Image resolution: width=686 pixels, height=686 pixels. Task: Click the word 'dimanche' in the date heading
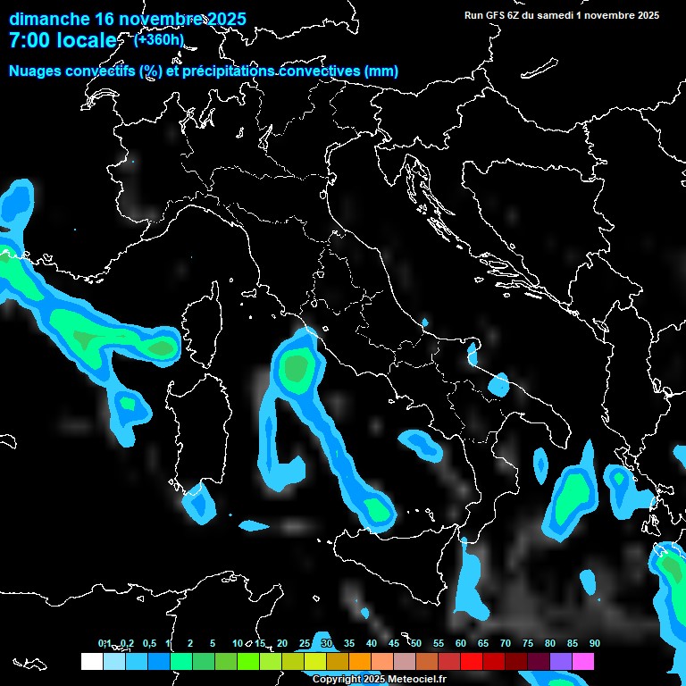pyautogui.click(x=49, y=19)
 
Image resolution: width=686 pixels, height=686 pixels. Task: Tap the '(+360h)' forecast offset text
pyautogui.click(x=159, y=39)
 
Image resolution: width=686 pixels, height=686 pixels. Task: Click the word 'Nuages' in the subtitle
pyautogui.click(x=35, y=71)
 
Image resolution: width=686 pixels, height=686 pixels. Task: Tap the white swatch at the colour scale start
pyautogui.click(x=91, y=661)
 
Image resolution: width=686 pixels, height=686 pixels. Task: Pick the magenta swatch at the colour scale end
pyautogui.click(x=583, y=661)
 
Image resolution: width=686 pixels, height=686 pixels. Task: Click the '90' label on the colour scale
pyautogui.click(x=594, y=644)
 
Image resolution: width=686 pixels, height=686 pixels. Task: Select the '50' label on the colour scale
pyautogui.click(x=415, y=644)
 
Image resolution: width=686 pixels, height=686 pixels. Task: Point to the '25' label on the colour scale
pyautogui.click(x=304, y=644)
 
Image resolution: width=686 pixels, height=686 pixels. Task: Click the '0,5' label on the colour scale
pyautogui.click(x=148, y=644)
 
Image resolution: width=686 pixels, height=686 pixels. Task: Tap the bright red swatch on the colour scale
pyautogui.click(x=472, y=661)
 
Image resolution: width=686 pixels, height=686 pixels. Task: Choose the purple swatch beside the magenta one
pyautogui.click(x=561, y=661)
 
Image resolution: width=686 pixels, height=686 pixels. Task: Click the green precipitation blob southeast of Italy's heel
pyautogui.click(x=572, y=496)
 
